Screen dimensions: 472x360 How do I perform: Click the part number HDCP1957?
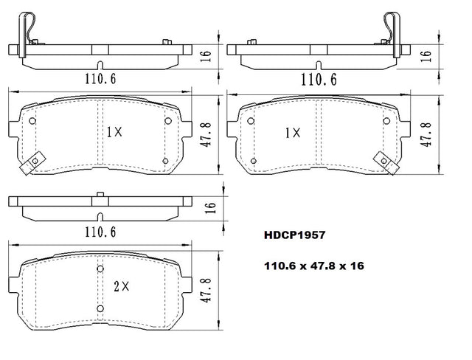pos(295,235)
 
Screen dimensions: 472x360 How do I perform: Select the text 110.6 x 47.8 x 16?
pos(314,266)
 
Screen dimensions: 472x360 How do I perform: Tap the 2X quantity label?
pos(121,286)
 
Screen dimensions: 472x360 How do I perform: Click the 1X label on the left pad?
pos(114,132)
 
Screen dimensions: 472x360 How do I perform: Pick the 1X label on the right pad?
pos(293,133)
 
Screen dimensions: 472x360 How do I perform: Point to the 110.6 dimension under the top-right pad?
pos(319,80)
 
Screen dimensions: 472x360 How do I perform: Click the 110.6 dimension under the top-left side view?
pos(100,79)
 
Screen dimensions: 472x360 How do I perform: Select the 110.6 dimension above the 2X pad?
pos(100,232)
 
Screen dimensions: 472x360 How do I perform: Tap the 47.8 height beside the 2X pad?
pos(206,290)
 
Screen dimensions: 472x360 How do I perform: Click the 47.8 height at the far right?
pos(426,134)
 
